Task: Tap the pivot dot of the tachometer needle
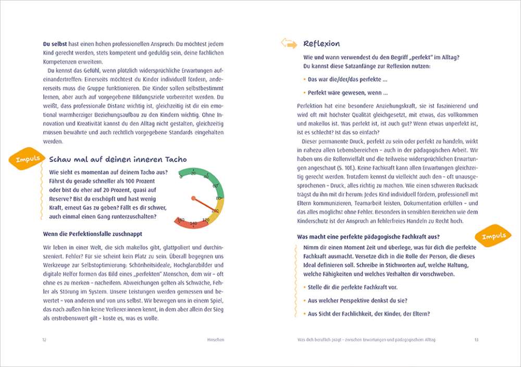[193, 198]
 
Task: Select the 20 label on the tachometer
[193, 173]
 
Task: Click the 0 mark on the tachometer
[181, 176]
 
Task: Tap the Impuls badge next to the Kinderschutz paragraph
[493, 236]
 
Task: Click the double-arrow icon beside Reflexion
[289, 43]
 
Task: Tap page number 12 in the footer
[44, 339]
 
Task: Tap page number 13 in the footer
[476, 339]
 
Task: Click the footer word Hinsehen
[215, 339]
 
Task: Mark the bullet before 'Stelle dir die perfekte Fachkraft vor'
[304, 287]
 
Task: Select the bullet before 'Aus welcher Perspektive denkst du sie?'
[304, 301]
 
